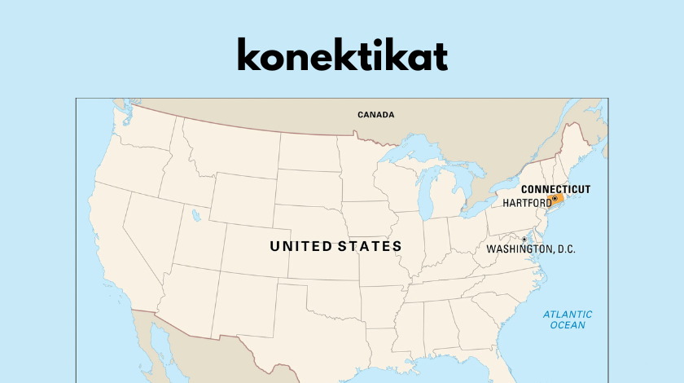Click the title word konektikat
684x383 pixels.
[x=342, y=55]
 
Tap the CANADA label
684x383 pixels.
[x=375, y=115]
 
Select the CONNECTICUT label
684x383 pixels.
[x=555, y=189]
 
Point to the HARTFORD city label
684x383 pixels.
[x=526, y=202]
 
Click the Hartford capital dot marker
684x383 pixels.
[x=555, y=198]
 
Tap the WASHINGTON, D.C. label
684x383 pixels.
[x=531, y=249]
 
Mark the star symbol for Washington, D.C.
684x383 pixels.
[x=524, y=240]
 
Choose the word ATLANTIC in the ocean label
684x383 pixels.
[x=568, y=315]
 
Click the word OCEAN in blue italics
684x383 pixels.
[x=568, y=325]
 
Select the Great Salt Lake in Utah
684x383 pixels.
[x=196, y=216]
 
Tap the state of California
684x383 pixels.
[x=114, y=253]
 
